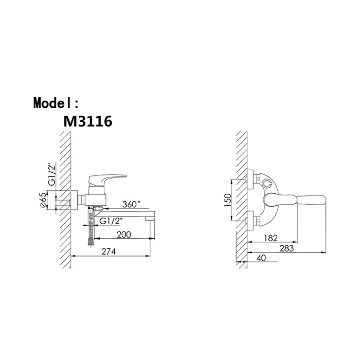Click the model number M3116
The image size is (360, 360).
coord(88,121)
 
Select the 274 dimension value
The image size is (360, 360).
coord(109,251)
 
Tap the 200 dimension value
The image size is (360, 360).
coord(124,235)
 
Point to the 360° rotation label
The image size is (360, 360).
coord(131,204)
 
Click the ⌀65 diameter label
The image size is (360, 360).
coord(43,201)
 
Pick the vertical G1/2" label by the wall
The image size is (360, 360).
coord(53,174)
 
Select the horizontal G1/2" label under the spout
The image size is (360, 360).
coord(111,221)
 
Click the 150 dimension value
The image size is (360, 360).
coord(228,200)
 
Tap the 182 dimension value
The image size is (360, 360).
coord(271,238)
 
